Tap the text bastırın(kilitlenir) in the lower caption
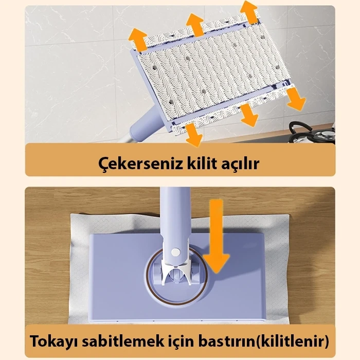(x=267, y=342)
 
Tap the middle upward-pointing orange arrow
(x=195, y=24)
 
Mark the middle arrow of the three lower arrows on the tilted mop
(x=248, y=115)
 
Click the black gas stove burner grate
(x=312, y=133)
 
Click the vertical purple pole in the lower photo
(x=176, y=216)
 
